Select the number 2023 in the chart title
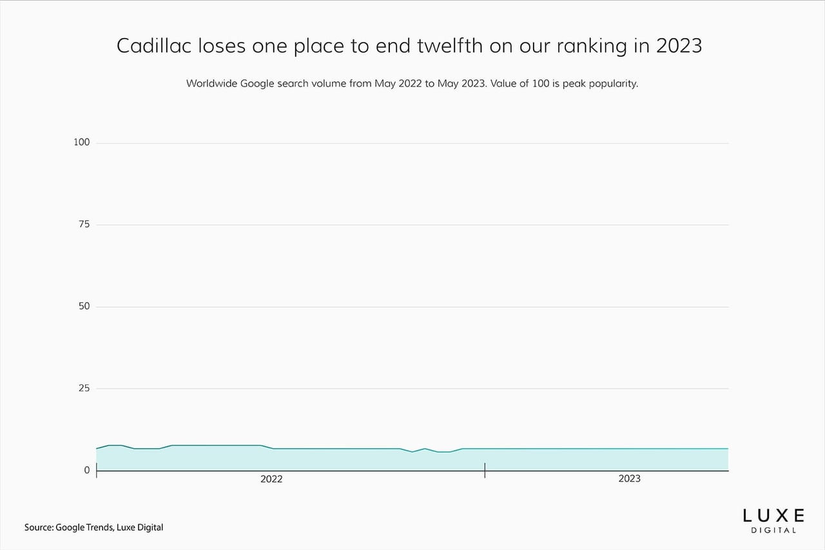[679, 46]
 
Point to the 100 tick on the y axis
[81, 142]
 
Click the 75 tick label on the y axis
[84, 224]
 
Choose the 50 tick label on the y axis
[84, 306]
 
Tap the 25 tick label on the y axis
[84, 388]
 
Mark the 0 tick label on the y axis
[87, 470]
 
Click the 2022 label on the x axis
[271, 479]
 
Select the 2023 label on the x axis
[630, 478]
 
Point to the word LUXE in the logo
[773, 516]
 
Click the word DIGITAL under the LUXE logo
[773, 531]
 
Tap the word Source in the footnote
[39, 527]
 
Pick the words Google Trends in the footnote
[84, 528]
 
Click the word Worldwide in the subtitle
[212, 84]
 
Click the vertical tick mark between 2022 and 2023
[485, 471]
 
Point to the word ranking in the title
[592, 46]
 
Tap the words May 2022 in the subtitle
[398, 84]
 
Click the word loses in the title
[222, 46]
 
